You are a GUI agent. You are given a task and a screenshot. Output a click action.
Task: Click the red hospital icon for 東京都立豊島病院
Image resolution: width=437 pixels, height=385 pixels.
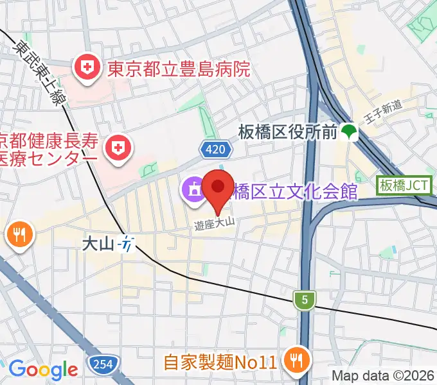(x=85, y=67)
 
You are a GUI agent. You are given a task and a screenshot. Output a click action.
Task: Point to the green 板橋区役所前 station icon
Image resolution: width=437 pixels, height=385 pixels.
(x=350, y=132)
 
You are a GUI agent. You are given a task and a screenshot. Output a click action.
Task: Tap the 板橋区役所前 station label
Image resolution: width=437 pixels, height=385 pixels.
(x=287, y=133)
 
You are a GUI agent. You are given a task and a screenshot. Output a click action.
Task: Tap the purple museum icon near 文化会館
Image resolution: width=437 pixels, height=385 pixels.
(x=192, y=190)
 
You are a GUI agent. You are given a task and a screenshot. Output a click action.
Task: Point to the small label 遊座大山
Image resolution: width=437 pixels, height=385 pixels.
(x=213, y=223)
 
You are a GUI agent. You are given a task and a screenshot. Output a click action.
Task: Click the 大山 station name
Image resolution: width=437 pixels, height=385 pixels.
(x=98, y=244)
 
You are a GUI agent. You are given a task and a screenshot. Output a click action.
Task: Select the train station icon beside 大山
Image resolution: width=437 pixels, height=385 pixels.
(x=129, y=244)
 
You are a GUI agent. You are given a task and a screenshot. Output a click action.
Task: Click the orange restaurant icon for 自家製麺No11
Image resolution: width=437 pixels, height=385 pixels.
(x=296, y=360)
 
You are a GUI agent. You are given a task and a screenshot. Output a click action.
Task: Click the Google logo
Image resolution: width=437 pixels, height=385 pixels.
(x=43, y=369)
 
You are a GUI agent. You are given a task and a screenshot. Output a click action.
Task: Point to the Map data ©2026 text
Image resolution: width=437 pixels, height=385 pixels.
(x=383, y=375)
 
